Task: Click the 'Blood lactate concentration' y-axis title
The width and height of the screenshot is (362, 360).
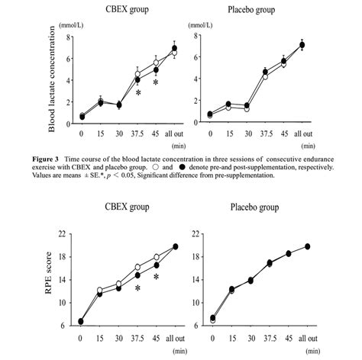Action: (53, 77)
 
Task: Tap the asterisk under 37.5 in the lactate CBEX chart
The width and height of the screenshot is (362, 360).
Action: (138, 93)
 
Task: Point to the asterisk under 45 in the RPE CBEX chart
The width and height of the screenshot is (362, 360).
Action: (156, 278)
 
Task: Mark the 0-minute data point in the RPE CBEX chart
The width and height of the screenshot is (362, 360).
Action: (82, 321)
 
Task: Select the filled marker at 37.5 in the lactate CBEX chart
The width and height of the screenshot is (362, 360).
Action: (138, 79)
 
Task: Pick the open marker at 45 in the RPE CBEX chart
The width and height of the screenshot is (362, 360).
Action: (156, 257)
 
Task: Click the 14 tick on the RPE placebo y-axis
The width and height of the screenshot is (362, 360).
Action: (198, 279)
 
